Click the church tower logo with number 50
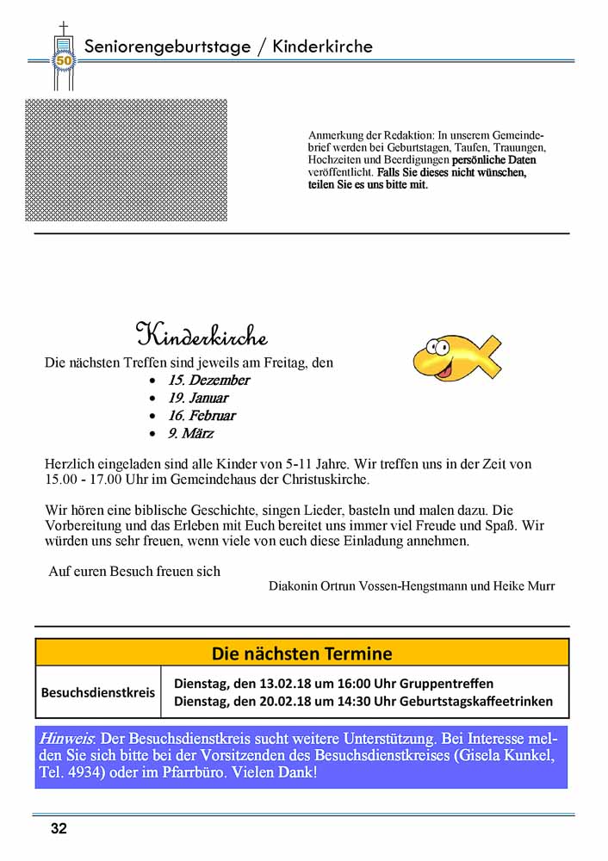tap(63, 57)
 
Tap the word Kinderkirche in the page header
tap(323, 46)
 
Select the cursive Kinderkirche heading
tap(202, 334)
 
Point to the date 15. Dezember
tap(208, 380)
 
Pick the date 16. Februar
tap(202, 415)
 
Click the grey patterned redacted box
tap(126, 160)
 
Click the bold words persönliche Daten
tap(493, 160)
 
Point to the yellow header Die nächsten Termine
tap(301, 653)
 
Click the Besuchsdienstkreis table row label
tap(98, 692)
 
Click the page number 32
tap(58, 829)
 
